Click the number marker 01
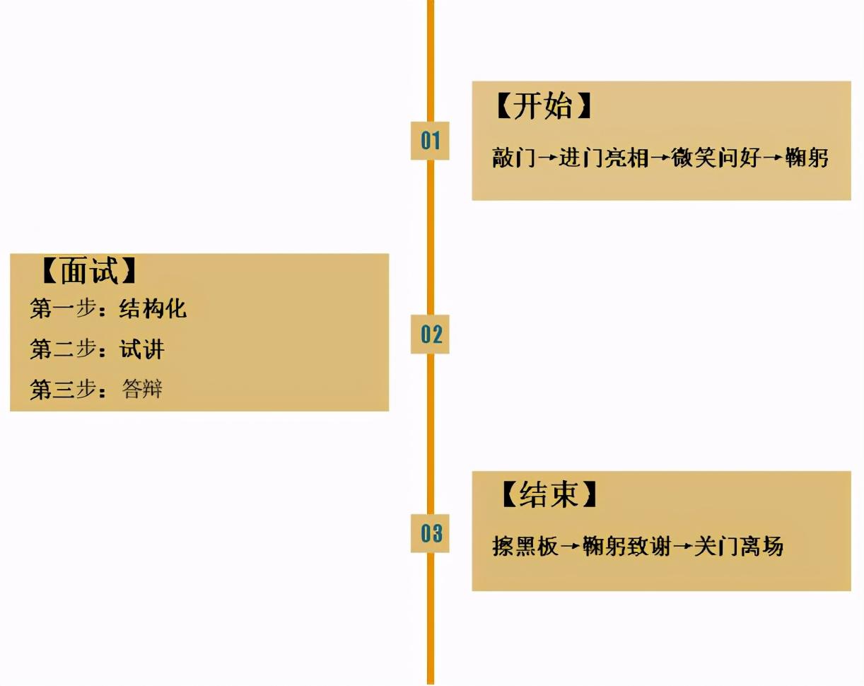pyautogui.click(x=430, y=140)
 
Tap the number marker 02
pyautogui.click(x=430, y=334)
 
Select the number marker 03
pyautogui.click(x=430, y=533)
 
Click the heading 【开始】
pyautogui.click(x=542, y=107)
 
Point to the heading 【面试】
pyautogui.click(x=89, y=269)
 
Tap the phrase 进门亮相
pyautogui.click(x=603, y=157)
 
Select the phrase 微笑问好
pyautogui.click(x=716, y=157)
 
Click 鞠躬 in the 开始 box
pyautogui.click(x=806, y=157)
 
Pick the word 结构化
pyautogui.click(x=153, y=308)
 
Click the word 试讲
pyautogui.click(x=141, y=349)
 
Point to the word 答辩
pyautogui.click(x=142, y=388)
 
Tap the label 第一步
pyautogui.click(x=63, y=308)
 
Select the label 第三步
pyautogui.click(x=63, y=389)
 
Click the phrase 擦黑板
pyautogui.click(x=525, y=546)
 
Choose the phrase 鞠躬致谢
pyautogui.click(x=626, y=546)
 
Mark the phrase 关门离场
pyautogui.click(x=738, y=546)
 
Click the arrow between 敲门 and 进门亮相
pyautogui.click(x=547, y=158)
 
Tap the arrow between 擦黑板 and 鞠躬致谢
pyautogui.click(x=571, y=547)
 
